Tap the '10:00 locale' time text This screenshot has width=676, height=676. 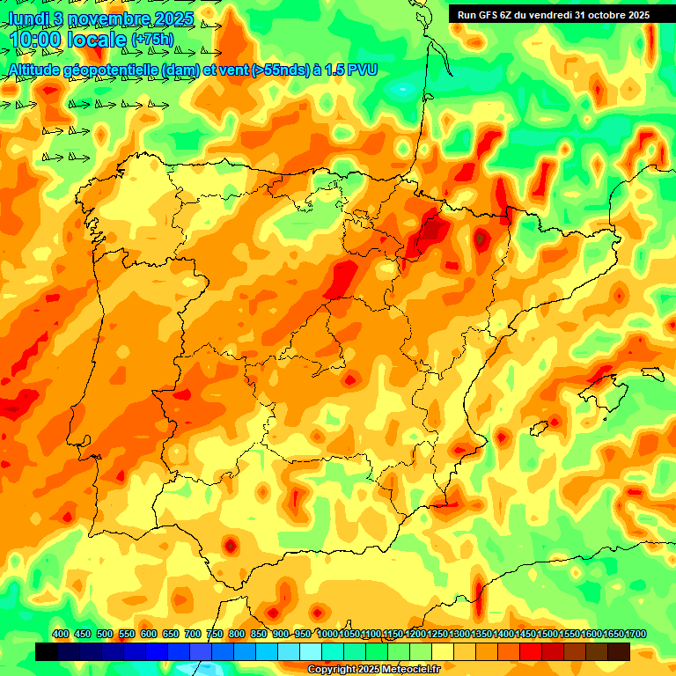[67, 40]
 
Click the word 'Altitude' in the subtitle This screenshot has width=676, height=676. [38, 70]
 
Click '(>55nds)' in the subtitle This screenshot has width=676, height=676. [272, 70]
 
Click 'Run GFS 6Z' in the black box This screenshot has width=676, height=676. [487, 15]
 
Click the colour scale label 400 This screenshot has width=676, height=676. [61, 635]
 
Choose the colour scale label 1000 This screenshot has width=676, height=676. [327, 635]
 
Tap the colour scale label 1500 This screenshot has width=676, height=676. [547, 635]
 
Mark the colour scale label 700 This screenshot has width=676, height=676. [193, 635]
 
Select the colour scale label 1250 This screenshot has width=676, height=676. [437, 635]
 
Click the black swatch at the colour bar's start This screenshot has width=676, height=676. [47, 652]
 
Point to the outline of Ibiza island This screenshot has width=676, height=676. [552, 425]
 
